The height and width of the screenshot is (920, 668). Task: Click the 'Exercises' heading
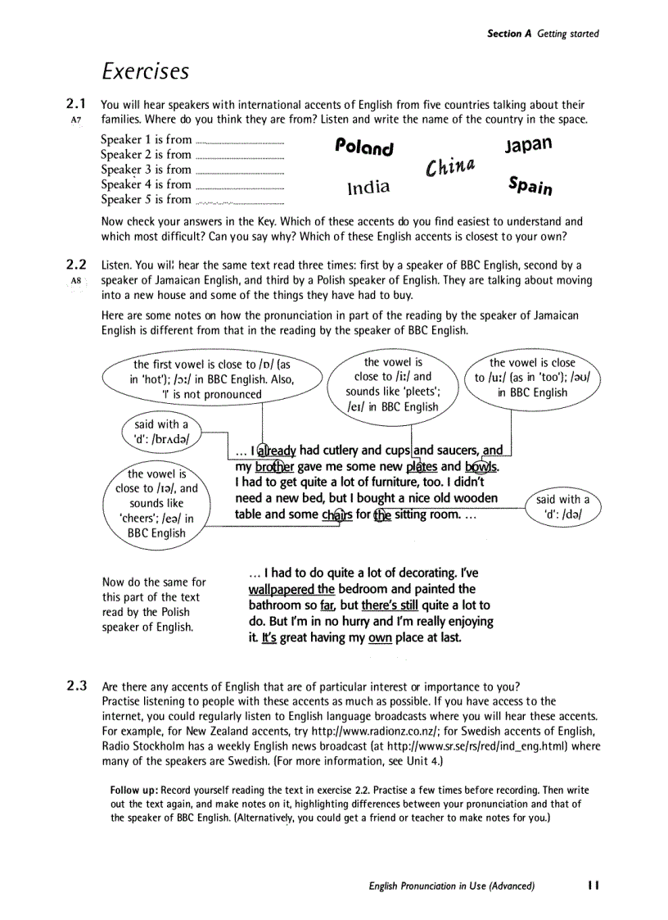point(146,71)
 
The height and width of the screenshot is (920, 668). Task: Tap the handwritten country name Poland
point(364,147)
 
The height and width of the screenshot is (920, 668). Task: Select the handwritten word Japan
point(528,144)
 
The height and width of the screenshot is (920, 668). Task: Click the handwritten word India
point(368,188)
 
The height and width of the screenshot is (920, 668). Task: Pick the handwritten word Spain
point(530,186)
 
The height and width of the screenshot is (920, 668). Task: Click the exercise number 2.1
point(75,104)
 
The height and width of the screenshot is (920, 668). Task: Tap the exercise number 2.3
point(75,686)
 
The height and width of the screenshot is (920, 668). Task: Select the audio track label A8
point(76,280)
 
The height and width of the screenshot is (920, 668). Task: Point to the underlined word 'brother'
point(274,467)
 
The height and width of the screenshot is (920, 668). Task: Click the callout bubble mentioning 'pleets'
point(393,384)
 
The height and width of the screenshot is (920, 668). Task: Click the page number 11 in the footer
point(594,886)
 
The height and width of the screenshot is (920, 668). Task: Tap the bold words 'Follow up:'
point(134,790)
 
